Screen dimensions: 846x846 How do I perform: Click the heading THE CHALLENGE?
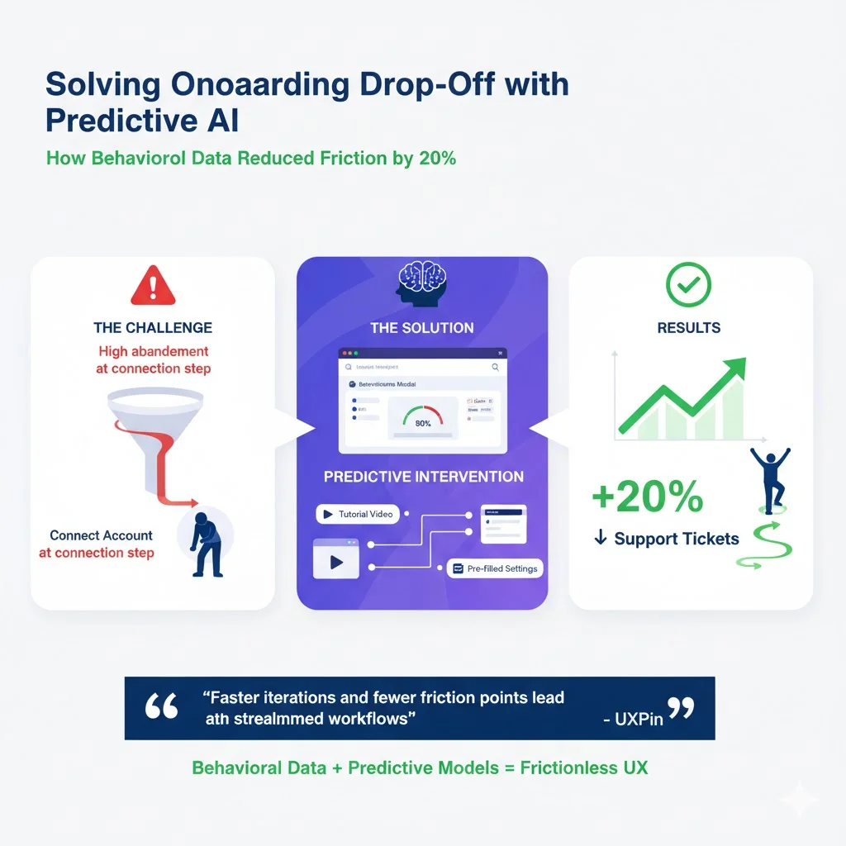(x=153, y=328)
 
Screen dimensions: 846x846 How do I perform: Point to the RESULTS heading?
(x=688, y=328)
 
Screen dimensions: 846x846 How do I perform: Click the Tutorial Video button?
(x=357, y=514)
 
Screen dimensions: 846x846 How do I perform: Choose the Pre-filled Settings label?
(x=495, y=568)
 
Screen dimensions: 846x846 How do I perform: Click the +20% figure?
(x=647, y=497)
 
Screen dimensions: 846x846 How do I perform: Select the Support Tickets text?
(x=676, y=539)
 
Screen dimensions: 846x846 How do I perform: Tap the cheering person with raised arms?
(x=770, y=478)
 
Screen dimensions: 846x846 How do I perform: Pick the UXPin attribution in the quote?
(x=634, y=719)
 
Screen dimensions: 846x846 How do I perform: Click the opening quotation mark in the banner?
(x=163, y=707)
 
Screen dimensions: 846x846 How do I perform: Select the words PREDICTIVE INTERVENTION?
(x=423, y=477)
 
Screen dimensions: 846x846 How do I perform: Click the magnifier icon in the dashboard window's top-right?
(x=495, y=366)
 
